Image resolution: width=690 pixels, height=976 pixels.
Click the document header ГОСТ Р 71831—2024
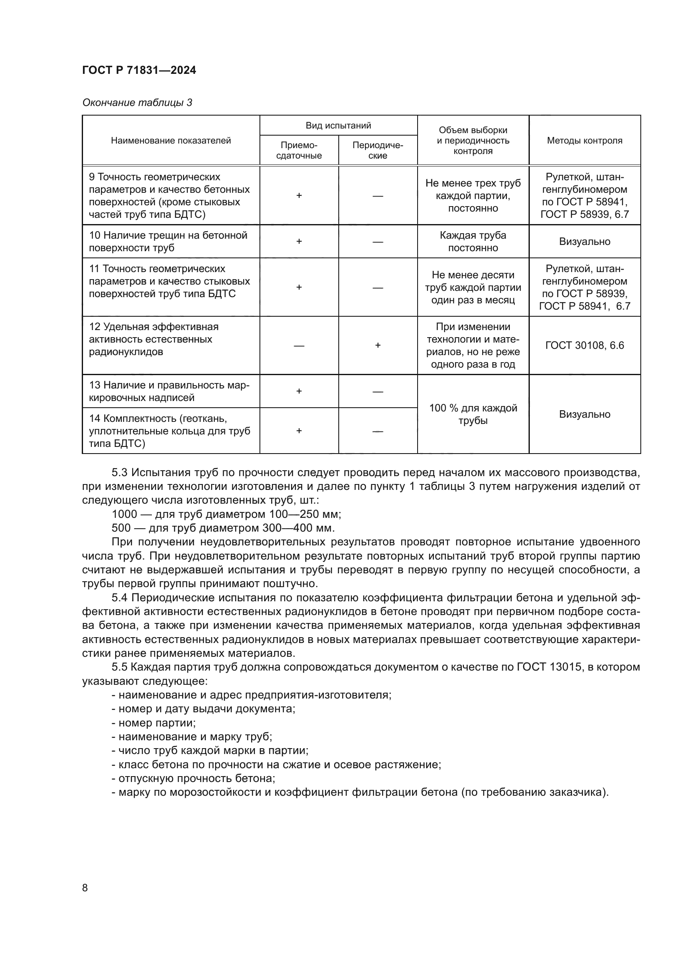coord(139,70)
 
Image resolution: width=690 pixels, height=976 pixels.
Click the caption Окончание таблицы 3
coord(137,103)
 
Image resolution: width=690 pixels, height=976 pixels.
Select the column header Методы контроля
coord(584,141)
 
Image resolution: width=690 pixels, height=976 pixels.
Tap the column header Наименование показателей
coord(171,141)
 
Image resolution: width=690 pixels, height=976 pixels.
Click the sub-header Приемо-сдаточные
coord(299,151)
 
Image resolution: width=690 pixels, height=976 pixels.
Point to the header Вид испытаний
coord(338,126)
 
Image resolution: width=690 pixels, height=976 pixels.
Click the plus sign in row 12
coord(378,346)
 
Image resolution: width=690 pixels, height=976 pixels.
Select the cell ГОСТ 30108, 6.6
coord(584,346)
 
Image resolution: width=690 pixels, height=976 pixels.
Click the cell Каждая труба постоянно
coord(473,242)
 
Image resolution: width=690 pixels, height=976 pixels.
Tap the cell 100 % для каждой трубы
coord(473,414)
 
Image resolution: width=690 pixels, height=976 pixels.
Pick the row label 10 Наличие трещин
coord(168,242)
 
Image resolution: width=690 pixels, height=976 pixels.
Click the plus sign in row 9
coord(299,196)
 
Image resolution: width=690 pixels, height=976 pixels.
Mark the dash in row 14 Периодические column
coord(378,431)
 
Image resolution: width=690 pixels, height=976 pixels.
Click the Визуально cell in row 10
coord(584,242)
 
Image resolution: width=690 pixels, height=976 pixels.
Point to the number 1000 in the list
coord(124,514)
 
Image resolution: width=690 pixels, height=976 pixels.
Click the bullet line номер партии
coord(154,723)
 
